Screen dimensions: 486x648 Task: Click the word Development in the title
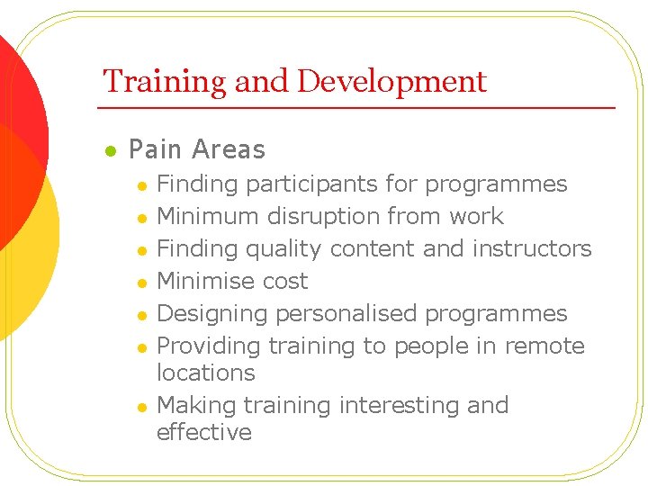pos(391,82)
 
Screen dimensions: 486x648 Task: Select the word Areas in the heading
pos(229,149)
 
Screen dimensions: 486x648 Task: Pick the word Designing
pos(212,314)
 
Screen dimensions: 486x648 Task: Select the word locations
pos(206,373)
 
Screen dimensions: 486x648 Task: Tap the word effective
pos(204,433)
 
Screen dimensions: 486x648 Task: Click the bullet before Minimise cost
pos(140,283)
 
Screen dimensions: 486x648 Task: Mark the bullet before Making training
pos(140,407)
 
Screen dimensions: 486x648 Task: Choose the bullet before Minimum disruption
pos(140,218)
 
